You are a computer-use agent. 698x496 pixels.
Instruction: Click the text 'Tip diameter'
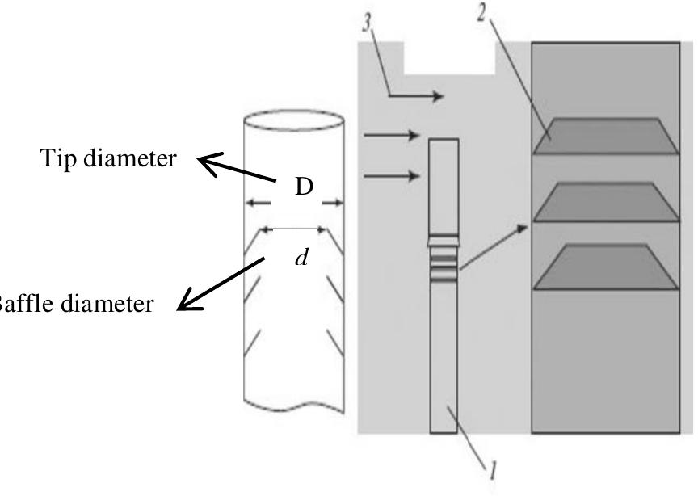click(107, 159)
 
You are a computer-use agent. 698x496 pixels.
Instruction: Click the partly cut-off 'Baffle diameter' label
click(76, 304)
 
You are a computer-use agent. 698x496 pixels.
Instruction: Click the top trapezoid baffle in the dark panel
click(605, 135)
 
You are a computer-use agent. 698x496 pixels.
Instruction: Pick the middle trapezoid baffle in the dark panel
click(605, 202)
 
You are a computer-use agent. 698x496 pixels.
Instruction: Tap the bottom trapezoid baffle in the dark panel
click(605, 266)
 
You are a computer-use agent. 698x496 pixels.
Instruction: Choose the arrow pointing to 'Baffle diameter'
click(219, 284)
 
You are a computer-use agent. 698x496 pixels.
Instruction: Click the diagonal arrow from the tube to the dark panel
click(494, 246)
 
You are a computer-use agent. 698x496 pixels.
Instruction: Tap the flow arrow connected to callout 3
click(416, 97)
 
